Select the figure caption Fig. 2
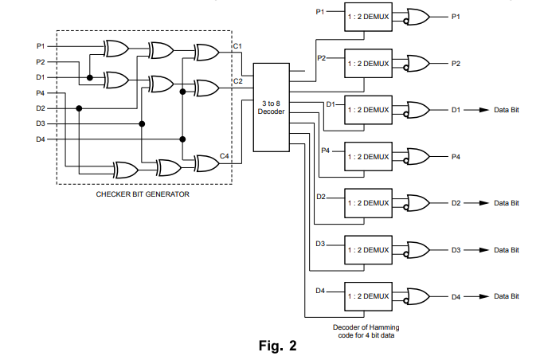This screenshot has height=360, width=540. coord(278,346)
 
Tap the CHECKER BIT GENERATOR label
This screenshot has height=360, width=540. coord(143,194)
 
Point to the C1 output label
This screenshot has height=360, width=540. coord(237,46)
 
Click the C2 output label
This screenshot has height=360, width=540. coord(237,81)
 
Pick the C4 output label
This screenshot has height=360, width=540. coord(225,156)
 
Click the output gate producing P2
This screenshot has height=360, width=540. coord(417,63)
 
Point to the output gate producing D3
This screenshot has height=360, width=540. coord(417,250)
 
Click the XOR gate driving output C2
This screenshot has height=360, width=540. coord(206,87)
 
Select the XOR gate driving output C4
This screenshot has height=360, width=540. coord(206,163)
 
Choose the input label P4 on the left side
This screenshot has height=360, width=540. coord(41,93)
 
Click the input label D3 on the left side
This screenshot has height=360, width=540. coord(41,123)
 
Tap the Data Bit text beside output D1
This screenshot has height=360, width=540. coord(506,110)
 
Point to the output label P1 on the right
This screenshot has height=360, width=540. coord(456,16)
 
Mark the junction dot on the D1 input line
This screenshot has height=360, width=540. coord(90,77)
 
